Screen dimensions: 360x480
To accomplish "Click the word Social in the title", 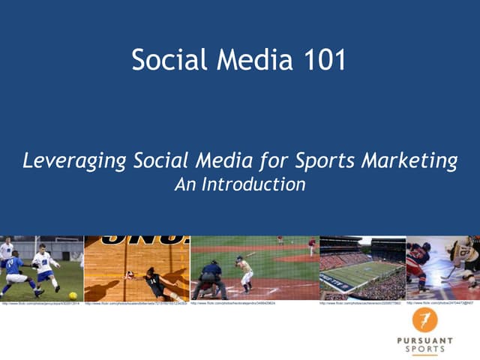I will (x=163, y=60).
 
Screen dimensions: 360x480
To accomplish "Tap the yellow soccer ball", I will (x=34, y=293).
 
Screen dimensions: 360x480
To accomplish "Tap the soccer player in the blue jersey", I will (x=15, y=271).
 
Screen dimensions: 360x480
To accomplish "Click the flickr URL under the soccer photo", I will (x=40, y=304).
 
